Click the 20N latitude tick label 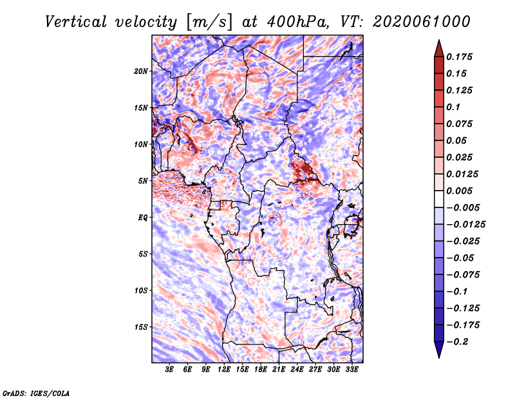140,71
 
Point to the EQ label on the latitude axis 142,218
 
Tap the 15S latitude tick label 141,327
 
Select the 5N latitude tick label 143,181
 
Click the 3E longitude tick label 169,370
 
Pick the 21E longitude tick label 279,370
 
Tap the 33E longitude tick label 351,370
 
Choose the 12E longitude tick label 224,370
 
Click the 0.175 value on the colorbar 459,57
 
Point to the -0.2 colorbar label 458,342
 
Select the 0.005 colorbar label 459,191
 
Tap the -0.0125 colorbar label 465,225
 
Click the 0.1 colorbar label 453,107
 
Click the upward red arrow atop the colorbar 439,48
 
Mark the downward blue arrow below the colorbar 439,350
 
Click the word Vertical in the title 76,22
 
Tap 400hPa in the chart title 297,22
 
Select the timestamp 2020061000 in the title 422,22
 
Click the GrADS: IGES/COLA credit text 36,393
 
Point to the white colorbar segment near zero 439,199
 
